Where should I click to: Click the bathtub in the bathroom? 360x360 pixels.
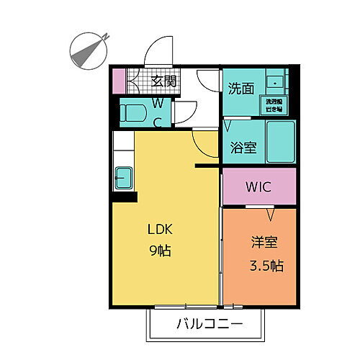(x=280, y=142)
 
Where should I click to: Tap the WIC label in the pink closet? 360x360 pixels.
(x=258, y=188)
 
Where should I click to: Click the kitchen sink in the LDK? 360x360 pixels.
(x=122, y=176)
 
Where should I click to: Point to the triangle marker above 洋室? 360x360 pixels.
(x=271, y=215)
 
